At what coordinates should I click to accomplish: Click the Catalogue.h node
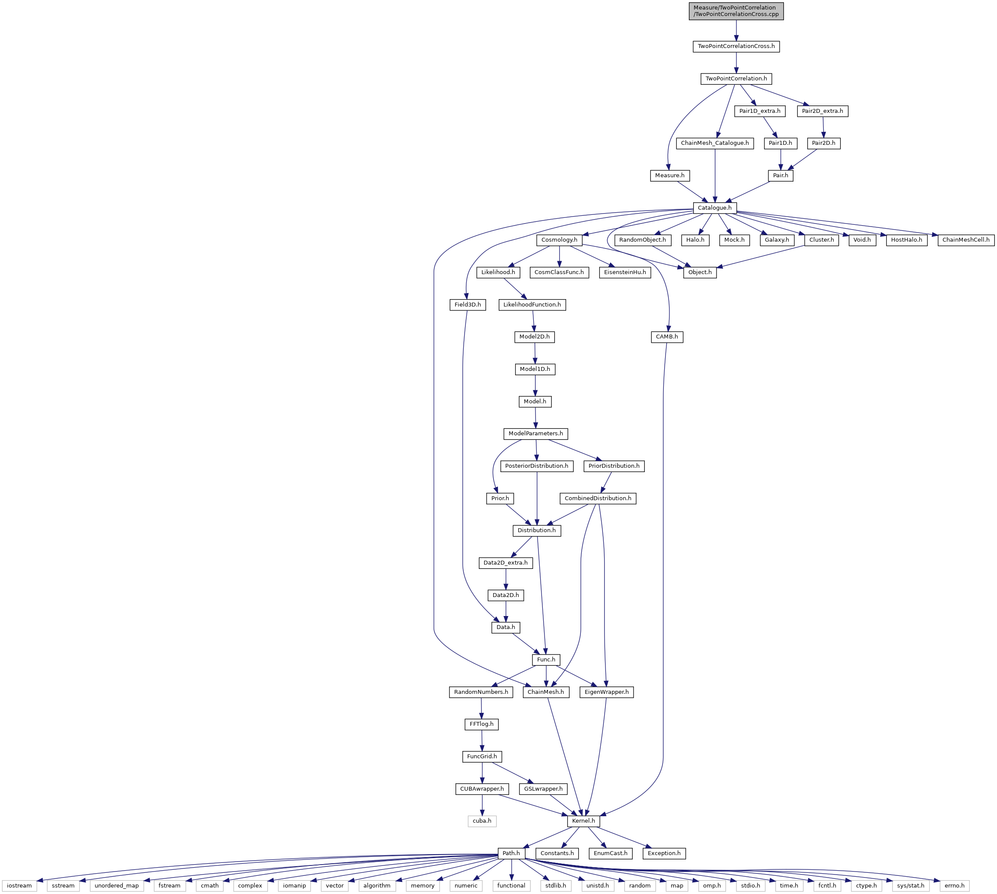715,208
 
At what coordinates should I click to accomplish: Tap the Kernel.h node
583,821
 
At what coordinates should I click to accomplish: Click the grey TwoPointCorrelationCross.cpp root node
736,11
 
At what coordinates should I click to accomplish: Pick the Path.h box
511,853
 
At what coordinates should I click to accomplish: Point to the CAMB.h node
667,337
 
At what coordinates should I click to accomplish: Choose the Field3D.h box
468,304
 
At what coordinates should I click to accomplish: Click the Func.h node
546,660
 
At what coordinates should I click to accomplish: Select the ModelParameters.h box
536,434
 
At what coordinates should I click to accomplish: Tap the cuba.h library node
482,821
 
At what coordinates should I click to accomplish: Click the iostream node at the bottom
19,886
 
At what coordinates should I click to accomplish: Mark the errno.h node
954,886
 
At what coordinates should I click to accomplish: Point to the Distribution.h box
537,530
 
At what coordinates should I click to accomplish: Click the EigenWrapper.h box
607,692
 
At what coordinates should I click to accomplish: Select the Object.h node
700,272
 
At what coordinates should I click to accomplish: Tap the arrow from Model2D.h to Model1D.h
535,353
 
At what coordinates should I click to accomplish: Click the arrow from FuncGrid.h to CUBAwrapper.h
482,773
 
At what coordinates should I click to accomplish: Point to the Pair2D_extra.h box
823,111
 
